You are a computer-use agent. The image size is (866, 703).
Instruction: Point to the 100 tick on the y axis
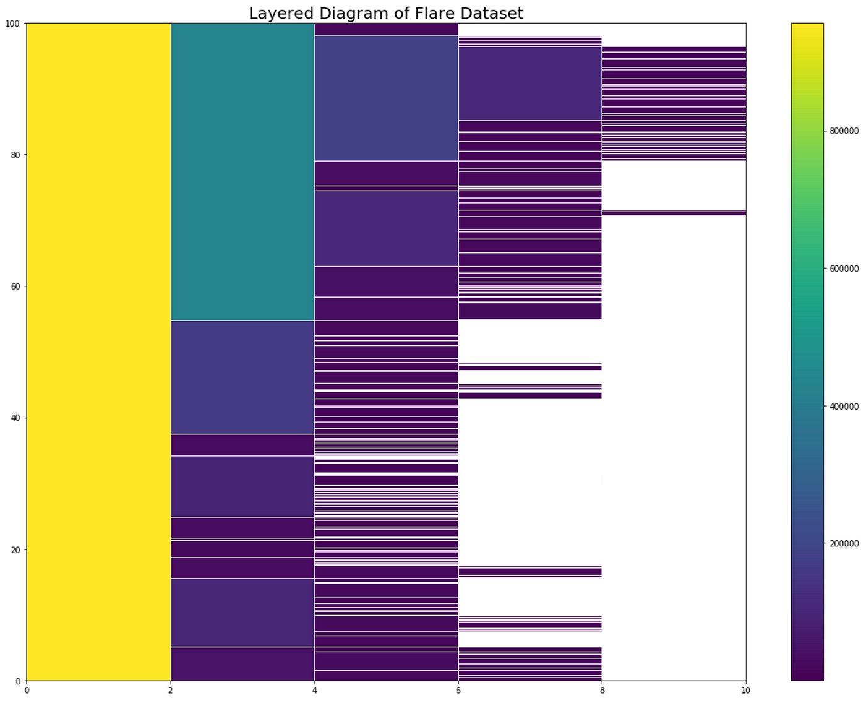[12, 24]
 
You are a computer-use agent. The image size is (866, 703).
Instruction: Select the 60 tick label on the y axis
[15, 287]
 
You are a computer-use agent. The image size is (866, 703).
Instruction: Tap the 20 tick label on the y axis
[15, 550]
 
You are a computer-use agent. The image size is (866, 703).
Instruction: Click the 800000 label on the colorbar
[844, 131]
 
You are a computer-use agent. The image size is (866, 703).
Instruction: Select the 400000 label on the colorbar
[844, 406]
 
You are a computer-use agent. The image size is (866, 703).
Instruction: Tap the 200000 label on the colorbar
[844, 543]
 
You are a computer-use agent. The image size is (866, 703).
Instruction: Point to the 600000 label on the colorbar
[844, 269]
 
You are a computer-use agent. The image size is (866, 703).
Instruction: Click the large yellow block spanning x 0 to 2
[99, 351]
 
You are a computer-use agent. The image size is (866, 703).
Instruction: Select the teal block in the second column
[242, 171]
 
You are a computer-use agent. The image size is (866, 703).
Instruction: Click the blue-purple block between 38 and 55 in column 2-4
[242, 377]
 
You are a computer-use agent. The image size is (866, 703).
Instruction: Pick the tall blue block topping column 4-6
[386, 98]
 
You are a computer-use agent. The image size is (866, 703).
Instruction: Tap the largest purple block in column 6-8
[530, 84]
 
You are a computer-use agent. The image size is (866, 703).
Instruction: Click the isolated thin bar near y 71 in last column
[674, 213]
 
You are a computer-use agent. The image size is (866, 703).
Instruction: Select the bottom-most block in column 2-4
[242, 663]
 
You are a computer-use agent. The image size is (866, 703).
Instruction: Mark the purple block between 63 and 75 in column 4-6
[386, 228]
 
